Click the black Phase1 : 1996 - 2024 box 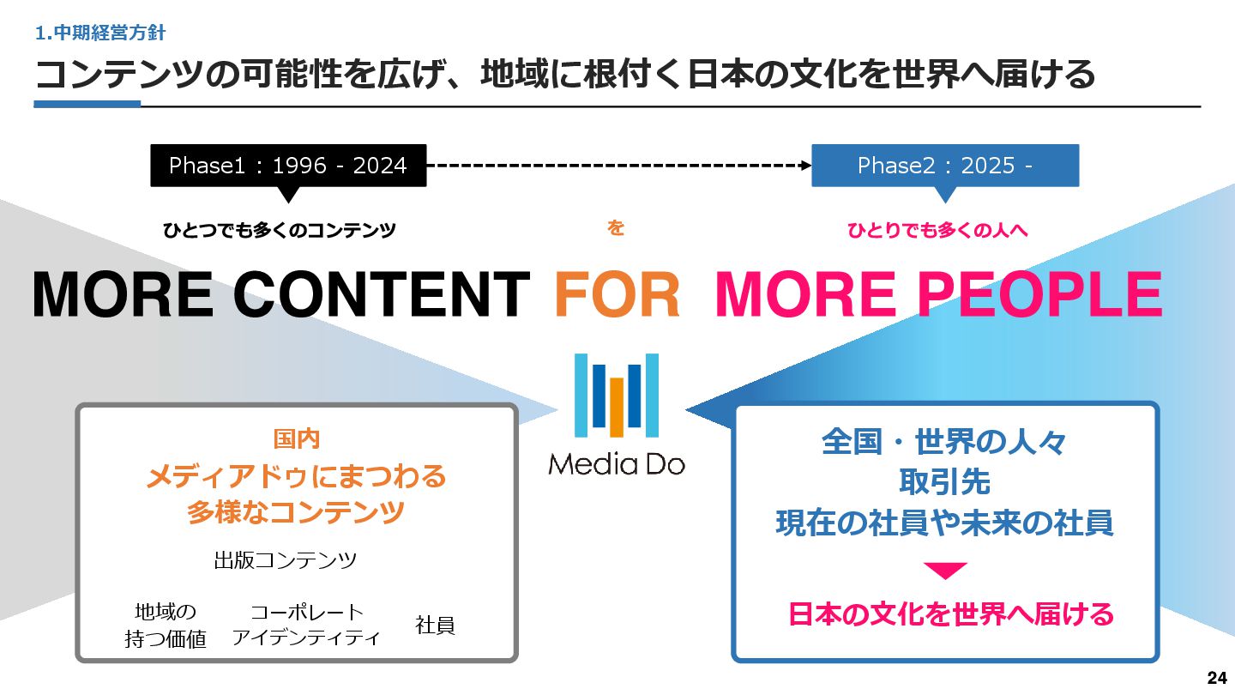pyautogui.click(x=288, y=166)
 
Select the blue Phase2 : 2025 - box pyautogui.click(x=945, y=166)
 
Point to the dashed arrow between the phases pyautogui.click(x=618, y=165)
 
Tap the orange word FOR pyautogui.click(x=617, y=294)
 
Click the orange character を pyautogui.click(x=616, y=228)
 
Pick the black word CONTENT pyautogui.click(x=382, y=294)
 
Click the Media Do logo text pyautogui.click(x=617, y=464)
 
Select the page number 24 pyautogui.click(x=1216, y=678)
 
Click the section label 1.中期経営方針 pyautogui.click(x=100, y=33)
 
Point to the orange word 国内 pyautogui.click(x=297, y=439)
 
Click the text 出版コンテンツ pyautogui.click(x=285, y=561)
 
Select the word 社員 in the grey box pyautogui.click(x=435, y=625)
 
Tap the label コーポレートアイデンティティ pyautogui.click(x=306, y=625)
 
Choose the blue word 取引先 pyautogui.click(x=944, y=482)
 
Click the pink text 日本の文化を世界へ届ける pyautogui.click(x=950, y=614)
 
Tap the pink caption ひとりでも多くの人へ pyautogui.click(x=937, y=230)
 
